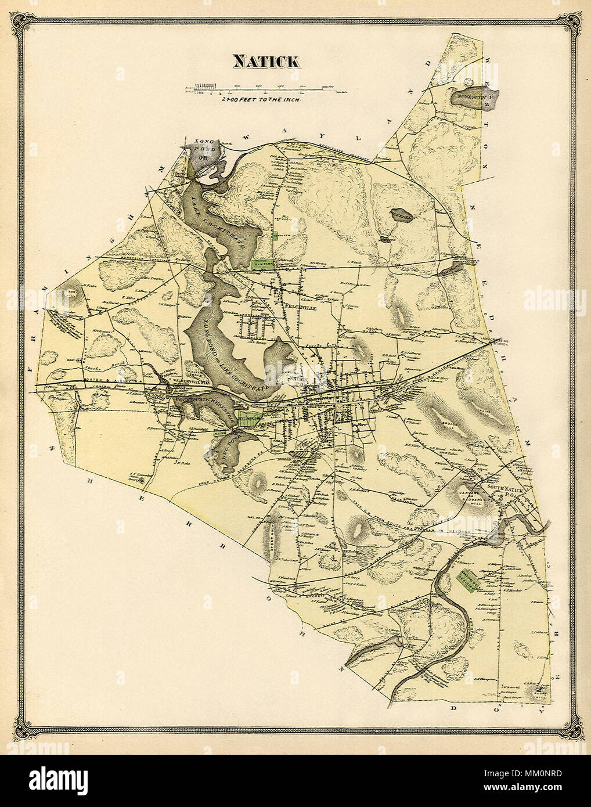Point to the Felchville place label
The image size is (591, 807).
pos(299,309)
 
